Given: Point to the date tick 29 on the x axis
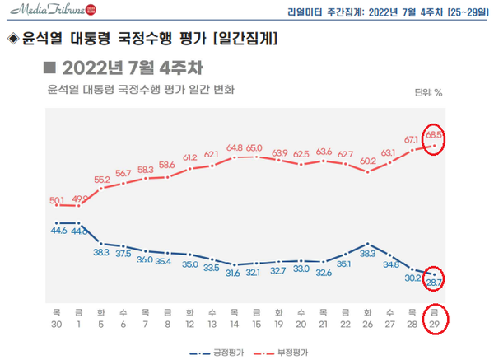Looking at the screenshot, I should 434,324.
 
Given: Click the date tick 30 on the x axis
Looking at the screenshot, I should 56,324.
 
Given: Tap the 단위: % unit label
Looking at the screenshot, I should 427,92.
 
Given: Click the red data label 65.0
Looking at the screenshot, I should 255,147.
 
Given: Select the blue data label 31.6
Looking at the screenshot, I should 233,273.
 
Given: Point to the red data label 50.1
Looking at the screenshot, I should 58,199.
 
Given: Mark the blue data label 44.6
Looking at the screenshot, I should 58,231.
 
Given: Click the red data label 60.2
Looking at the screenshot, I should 366,161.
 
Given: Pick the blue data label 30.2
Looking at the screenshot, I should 412,278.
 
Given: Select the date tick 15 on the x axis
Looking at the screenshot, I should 256,324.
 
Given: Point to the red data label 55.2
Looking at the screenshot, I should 102,179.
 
